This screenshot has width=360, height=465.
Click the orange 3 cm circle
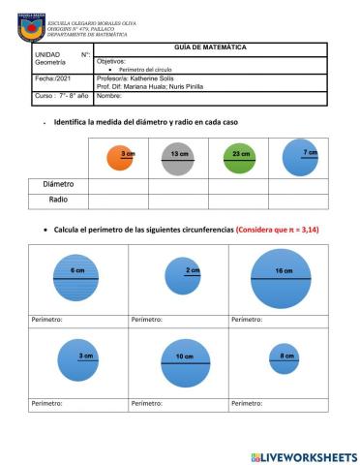(119, 158)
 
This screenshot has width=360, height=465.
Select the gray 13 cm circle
(178, 158)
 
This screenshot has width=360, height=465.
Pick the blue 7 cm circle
(300, 156)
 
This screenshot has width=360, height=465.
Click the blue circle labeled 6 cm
(76, 279)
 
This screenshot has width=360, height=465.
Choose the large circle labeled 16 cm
(281, 278)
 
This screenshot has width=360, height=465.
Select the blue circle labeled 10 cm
(185, 361)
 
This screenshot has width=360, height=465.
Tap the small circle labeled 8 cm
(284, 358)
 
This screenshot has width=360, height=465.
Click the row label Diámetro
(58, 184)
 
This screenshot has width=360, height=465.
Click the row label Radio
(58, 201)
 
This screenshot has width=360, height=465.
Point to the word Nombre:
(110, 96)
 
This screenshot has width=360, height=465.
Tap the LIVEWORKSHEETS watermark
(303, 456)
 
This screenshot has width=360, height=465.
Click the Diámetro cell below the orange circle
(118, 184)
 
